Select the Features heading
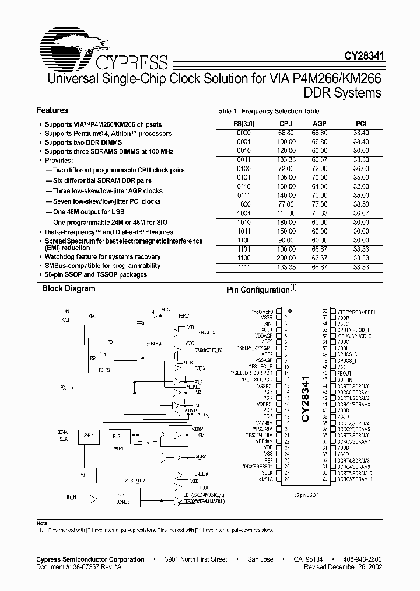[x=52, y=110]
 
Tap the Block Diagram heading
[x=68, y=288]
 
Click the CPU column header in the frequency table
[x=286, y=124]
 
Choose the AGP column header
[x=320, y=124]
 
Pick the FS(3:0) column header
[x=244, y=124]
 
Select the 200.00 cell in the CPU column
[x=286, y=257]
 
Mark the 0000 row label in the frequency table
[x=244, y=133]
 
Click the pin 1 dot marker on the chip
[x=289, y=311]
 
